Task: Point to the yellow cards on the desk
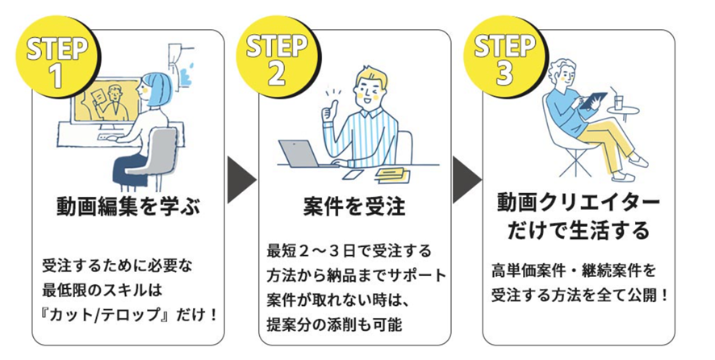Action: point(387,172)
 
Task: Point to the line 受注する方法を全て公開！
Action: point(579,295)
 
